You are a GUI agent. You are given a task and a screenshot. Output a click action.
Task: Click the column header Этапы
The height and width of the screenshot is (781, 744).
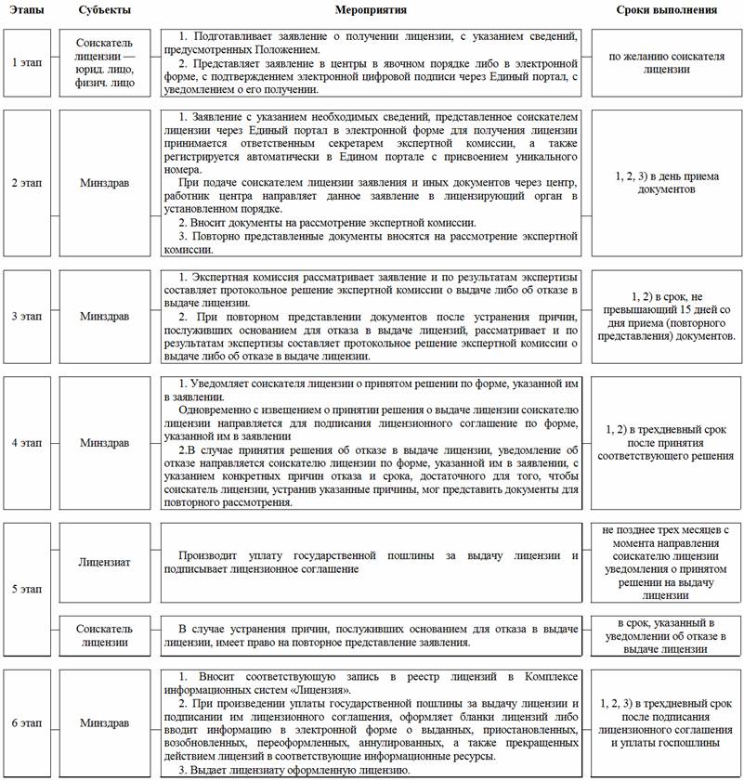[26, 10]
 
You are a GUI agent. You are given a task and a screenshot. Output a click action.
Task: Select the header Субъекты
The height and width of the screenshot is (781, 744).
[105, 10]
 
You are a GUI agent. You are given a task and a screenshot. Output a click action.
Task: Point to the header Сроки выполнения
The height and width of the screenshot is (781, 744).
[666, 10]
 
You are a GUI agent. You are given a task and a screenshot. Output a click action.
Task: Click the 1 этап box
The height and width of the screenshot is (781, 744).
[26, 62]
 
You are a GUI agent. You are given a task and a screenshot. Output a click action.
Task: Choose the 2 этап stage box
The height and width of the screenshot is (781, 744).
[26, 182]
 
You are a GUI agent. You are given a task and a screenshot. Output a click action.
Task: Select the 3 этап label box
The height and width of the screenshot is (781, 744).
[26, 316]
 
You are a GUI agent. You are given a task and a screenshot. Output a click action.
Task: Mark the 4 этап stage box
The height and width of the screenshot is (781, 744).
[26, 442]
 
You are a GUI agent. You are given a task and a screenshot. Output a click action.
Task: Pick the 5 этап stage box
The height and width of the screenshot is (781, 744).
[26, 589]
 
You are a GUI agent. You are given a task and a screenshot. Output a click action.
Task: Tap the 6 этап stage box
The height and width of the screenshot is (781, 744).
[26, 722]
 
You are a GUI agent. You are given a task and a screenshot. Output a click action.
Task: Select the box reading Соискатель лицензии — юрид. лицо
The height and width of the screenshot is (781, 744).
[105, 62]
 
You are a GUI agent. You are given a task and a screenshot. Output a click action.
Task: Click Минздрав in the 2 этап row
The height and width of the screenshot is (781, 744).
[105, 182]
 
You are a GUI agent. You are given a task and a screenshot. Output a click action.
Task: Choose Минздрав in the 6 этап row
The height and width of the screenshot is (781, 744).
[105, 722]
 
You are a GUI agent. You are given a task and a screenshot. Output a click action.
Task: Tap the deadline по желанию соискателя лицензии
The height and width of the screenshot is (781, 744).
[666, 62]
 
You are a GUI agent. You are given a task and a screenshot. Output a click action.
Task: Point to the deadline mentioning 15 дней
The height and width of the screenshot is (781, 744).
[666, 316]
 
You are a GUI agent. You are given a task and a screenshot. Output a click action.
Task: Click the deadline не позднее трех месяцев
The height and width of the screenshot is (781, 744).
[666, 563]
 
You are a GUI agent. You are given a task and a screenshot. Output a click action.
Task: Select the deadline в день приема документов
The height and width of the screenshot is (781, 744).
[666, 182]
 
